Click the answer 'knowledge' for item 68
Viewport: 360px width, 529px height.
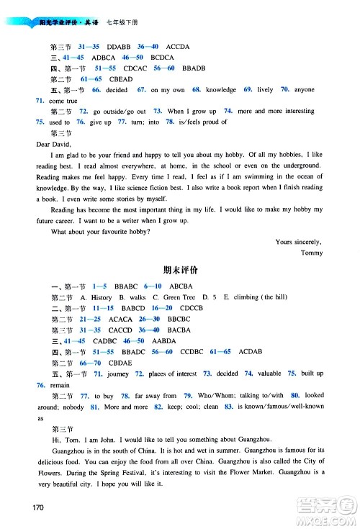click(220, 90)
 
